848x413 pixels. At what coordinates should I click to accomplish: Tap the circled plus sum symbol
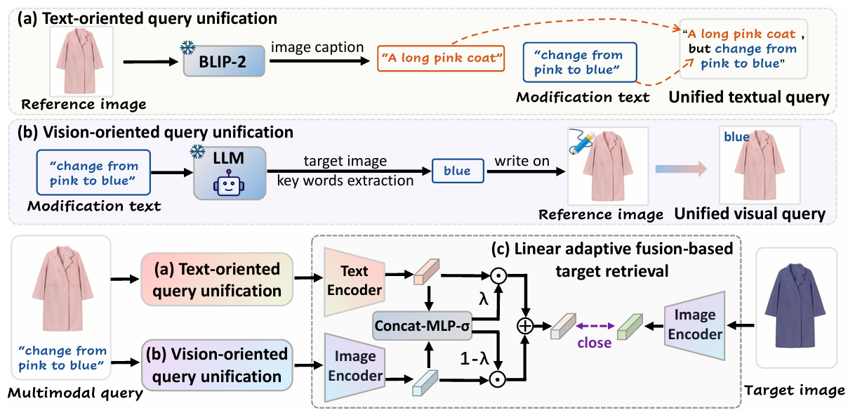point(524,325)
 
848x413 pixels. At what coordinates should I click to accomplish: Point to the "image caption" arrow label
point(318,47)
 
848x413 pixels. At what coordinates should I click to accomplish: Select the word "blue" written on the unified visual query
point(736,137)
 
